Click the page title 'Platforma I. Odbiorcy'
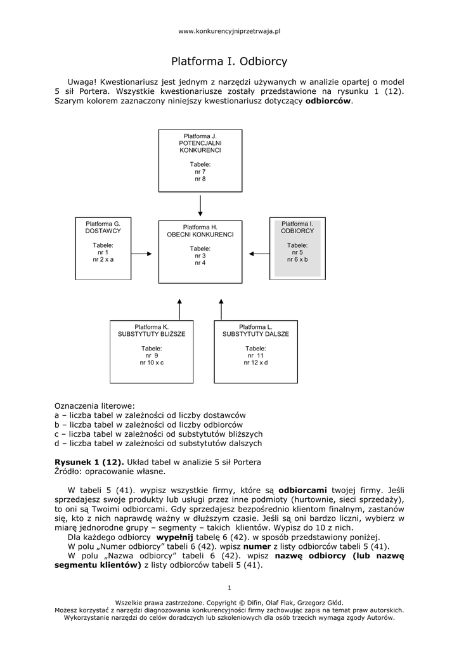229,61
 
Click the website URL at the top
229,30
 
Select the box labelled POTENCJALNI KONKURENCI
200,160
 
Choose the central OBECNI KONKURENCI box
200,250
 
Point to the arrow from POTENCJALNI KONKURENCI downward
200,205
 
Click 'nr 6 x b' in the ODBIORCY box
297,260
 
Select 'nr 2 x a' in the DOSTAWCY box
103,260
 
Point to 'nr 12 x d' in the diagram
255,363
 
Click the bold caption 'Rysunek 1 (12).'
89,461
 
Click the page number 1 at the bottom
229,586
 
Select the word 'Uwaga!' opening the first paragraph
82,82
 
